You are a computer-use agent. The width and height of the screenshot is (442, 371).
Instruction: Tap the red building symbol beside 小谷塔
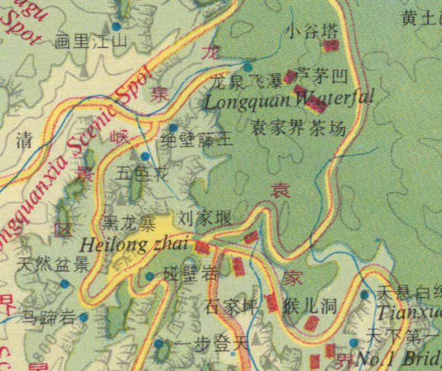pos(331,45)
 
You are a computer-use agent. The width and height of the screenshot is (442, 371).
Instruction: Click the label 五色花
pos(142,174)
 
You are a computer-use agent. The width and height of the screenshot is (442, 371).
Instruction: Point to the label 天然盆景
pos(53,265)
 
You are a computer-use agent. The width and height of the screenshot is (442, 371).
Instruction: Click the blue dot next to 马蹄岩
pos(83,317)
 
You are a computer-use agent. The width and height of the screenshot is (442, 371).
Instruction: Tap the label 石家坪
pos(231,307)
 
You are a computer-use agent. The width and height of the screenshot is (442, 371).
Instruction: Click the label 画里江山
pos(92,41)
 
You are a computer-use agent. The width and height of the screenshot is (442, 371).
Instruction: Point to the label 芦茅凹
pos(322,76)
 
